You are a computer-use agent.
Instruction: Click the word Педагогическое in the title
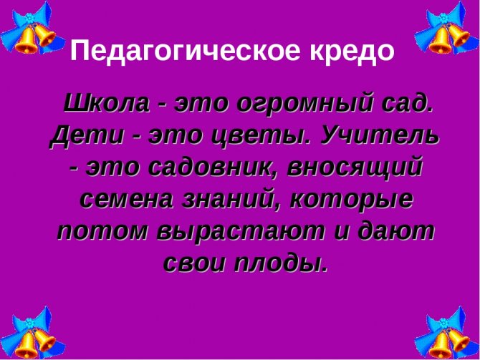tap(185, 51)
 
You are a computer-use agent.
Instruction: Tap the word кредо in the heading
tap(352, 51)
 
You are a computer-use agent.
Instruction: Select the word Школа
tap(107, 102)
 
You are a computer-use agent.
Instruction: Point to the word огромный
tap(305, 104)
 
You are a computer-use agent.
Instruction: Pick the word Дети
tap(87, 137)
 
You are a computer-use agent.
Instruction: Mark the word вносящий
tap(355, 167)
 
